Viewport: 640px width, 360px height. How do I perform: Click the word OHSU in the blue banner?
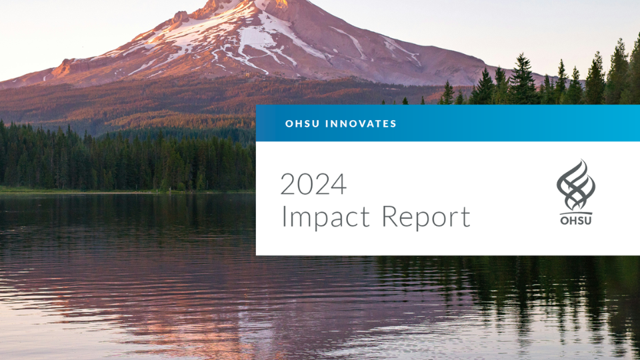pos(303,124)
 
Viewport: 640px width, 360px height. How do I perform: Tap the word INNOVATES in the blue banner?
pos(361,124)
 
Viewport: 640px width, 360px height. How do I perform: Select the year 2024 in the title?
pos(313,184)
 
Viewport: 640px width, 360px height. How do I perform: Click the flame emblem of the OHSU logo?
pos(576,186)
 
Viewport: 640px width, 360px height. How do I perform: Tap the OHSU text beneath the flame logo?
pos(576,220)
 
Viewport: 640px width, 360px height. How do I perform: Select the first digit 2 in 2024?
pos(288,184)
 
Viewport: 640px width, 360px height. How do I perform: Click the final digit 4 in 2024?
pos(339,184)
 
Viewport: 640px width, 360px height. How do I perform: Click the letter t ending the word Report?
pos(465,217)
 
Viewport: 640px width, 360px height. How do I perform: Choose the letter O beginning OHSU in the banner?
pos(289,124)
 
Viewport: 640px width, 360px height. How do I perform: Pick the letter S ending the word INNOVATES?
pos(393,124)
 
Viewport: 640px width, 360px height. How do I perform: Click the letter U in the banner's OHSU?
pos(316,124)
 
